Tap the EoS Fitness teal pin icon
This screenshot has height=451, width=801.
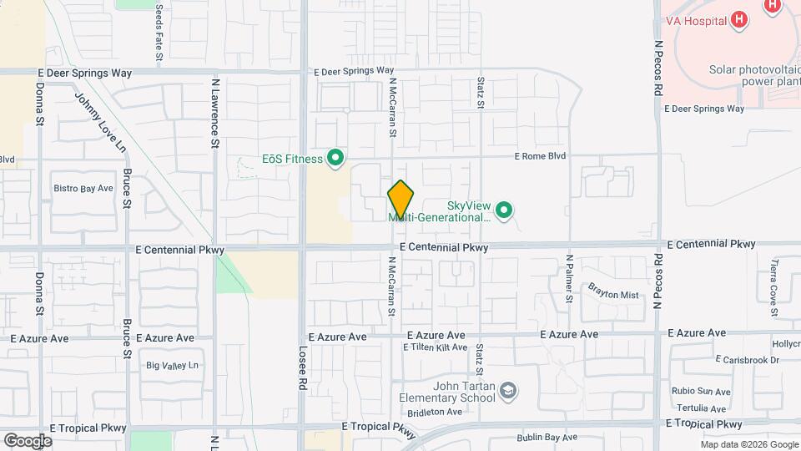point(335,158)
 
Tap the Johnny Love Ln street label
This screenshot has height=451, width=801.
point(100,122)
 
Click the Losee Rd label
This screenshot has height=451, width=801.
point(301,369)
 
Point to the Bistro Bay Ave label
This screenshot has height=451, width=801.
point(83,189)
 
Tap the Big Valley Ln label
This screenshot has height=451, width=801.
point(173,365)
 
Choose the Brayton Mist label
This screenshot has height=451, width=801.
point(612,295)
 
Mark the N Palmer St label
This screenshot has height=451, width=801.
point(569,277)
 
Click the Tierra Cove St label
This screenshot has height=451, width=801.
point(774,281)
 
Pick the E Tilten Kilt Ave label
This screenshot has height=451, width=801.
point(435,347)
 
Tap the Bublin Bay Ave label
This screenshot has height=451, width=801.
point(546,437)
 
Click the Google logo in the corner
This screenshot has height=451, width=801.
point(28,440)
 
